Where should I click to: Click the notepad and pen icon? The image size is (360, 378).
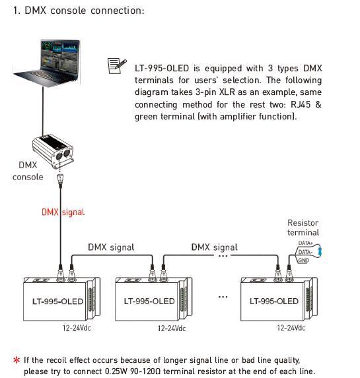117,66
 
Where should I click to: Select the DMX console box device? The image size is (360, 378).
53,151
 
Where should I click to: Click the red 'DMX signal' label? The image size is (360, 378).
63,212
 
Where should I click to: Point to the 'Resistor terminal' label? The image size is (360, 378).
303,228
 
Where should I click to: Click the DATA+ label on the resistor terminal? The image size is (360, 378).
305,243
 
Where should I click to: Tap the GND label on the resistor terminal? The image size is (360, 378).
304,261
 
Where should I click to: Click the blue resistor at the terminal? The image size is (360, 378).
320,251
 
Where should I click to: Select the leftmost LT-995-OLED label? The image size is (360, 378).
57,301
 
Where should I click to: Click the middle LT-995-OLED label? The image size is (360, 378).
149,301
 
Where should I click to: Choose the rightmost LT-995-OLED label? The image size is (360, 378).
274,301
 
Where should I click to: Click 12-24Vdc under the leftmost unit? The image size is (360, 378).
77,328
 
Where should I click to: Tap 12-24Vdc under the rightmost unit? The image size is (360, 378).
291,328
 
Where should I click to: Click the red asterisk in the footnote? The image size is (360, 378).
17,360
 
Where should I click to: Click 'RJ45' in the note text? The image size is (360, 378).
301,104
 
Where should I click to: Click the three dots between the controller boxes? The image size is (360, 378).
223,297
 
